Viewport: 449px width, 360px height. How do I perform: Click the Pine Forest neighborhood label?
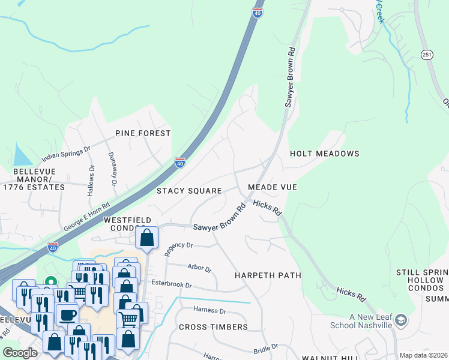point(143,133)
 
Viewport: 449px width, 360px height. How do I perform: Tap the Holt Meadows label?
point(324,154)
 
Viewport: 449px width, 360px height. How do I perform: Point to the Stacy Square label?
point(189,191)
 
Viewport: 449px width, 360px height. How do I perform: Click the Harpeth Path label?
point(267,275)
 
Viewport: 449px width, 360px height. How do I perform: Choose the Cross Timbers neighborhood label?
point(213,327)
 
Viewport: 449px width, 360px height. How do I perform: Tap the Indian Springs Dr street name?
point(65,154)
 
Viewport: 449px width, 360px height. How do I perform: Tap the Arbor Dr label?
point(199,267)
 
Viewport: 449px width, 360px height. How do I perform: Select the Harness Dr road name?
point(209,311)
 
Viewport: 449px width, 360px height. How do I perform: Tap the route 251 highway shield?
point(426,54)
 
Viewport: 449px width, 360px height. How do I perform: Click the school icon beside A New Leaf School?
point(401,320)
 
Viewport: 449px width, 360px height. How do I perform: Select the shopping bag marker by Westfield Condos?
point(147,238)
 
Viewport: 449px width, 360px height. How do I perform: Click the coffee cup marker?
point(66,314)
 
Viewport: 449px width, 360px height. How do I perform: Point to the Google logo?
point(20,353)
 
